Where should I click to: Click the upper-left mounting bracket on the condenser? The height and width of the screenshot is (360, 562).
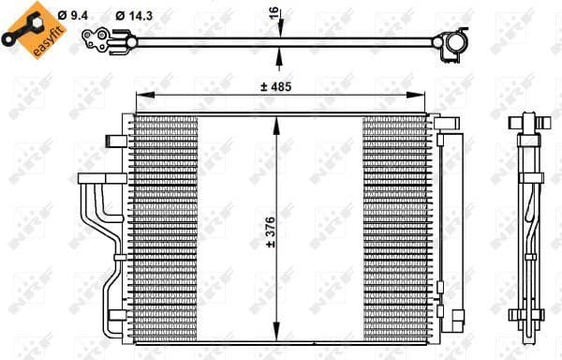click(x=116, y=141)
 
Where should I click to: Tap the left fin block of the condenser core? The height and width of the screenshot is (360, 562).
click(x=167, y=230)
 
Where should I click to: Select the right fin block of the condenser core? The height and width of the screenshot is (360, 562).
click(x=394, y=230)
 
